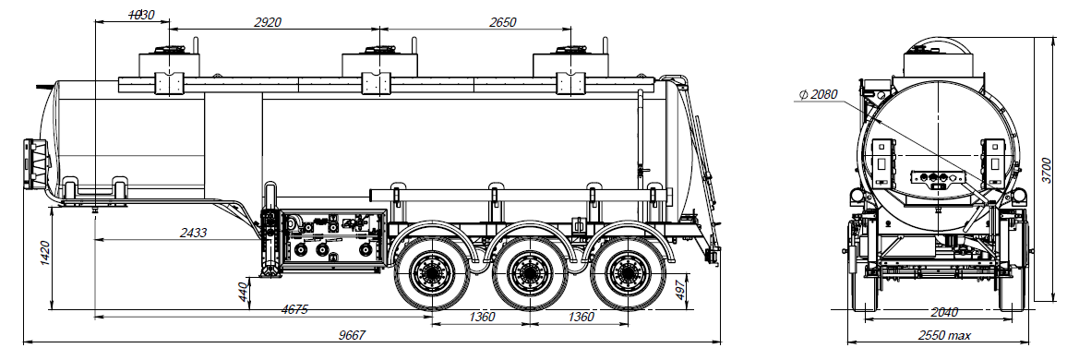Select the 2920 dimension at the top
pos(266,21)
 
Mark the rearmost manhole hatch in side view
pos(564,64)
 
